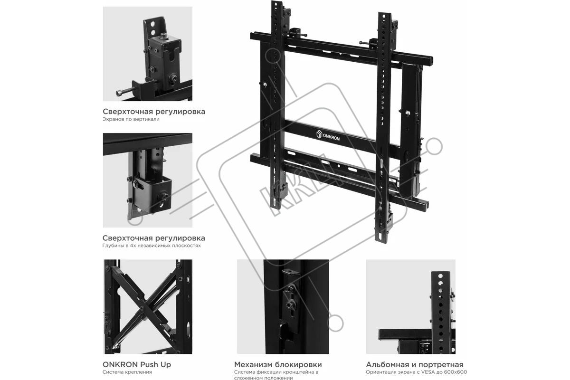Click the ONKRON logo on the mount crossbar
[x=328, y=135]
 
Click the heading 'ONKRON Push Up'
[x=137, y=364]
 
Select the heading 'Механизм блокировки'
[x=278, y=364]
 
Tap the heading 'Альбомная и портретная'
[x=415, y=364]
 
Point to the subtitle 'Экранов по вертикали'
[x=131, y=119]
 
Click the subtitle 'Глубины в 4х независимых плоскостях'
[x=152, y=246]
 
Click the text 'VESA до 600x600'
[x=444, y=372]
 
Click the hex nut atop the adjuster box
[x=163, y=36]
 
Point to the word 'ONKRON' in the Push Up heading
[x=120, y=364]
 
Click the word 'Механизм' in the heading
[x=253, y=364]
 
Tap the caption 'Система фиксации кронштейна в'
[x=276, y=372]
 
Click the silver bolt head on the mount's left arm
[x=265, y=84]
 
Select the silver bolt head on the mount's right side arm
[x=408, y=113]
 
